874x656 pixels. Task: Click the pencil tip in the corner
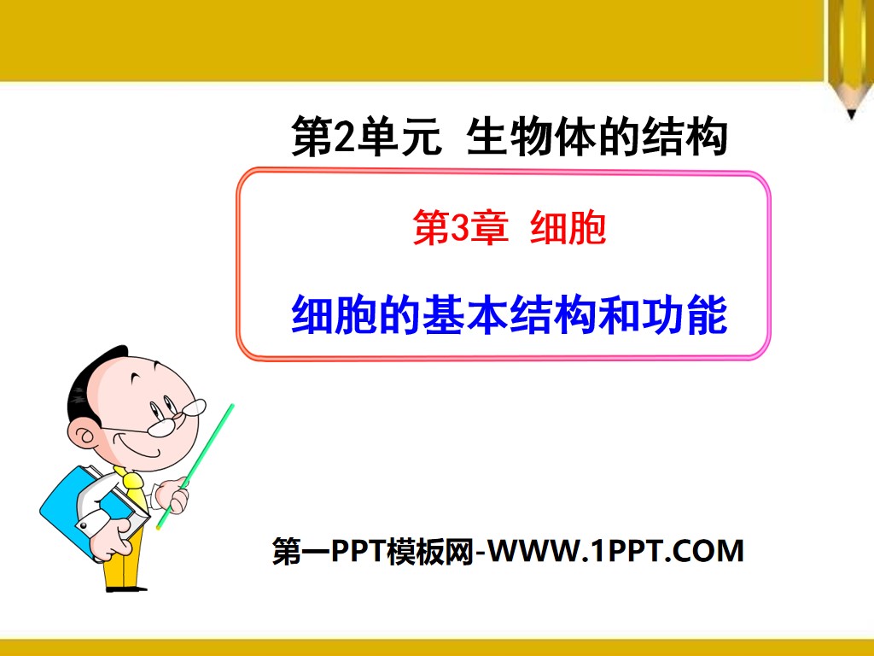(x=850, y=113)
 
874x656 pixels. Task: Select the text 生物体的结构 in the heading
(x=597, y=138)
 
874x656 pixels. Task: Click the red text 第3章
(x=460, y=230)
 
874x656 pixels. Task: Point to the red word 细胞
(x=568, y=230)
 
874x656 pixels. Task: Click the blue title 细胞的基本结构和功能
(x=509, y=315)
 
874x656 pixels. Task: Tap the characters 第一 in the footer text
(x=300, y=552)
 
